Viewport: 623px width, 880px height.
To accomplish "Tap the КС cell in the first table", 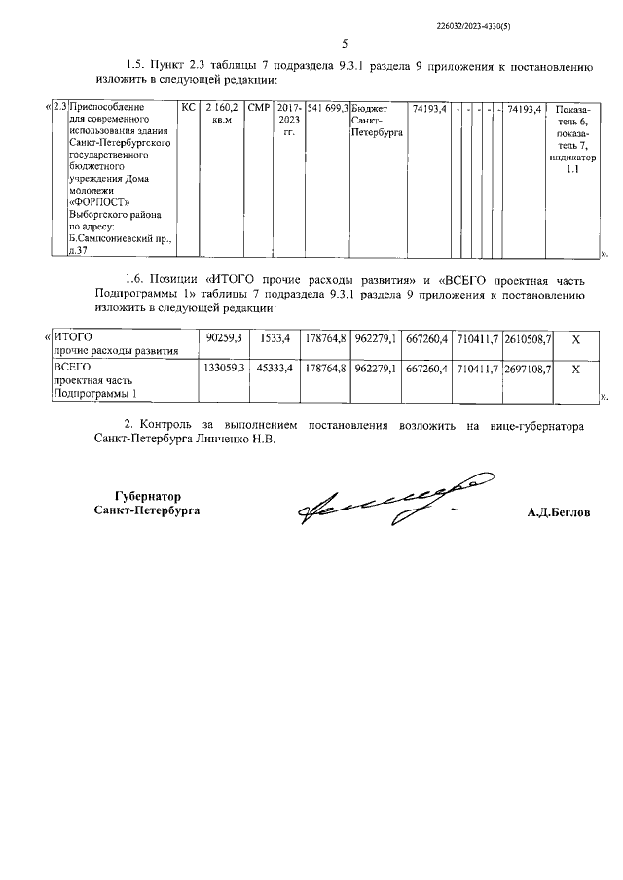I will [189, 107].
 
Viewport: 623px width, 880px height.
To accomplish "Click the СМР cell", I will [258, 107].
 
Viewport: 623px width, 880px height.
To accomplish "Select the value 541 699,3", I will [327, 107].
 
